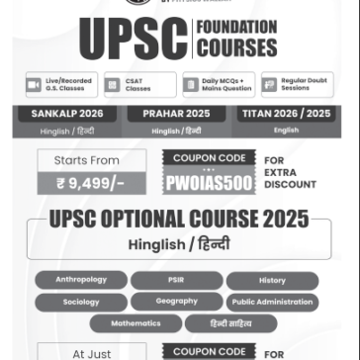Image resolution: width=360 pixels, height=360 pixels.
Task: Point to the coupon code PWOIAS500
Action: pos(210,183)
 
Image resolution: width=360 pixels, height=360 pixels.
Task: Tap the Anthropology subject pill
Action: pos(81,280)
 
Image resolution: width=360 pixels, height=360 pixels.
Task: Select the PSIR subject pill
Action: pos(176,280)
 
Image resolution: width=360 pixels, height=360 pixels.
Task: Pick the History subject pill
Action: pos(272,280)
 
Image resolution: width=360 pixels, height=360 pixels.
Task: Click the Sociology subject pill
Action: pos(81,302)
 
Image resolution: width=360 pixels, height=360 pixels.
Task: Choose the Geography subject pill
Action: pos(176,302)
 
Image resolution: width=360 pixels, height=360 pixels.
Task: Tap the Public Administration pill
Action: pos(272,302)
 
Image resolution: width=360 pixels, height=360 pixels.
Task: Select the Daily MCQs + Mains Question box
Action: pos(218,86)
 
